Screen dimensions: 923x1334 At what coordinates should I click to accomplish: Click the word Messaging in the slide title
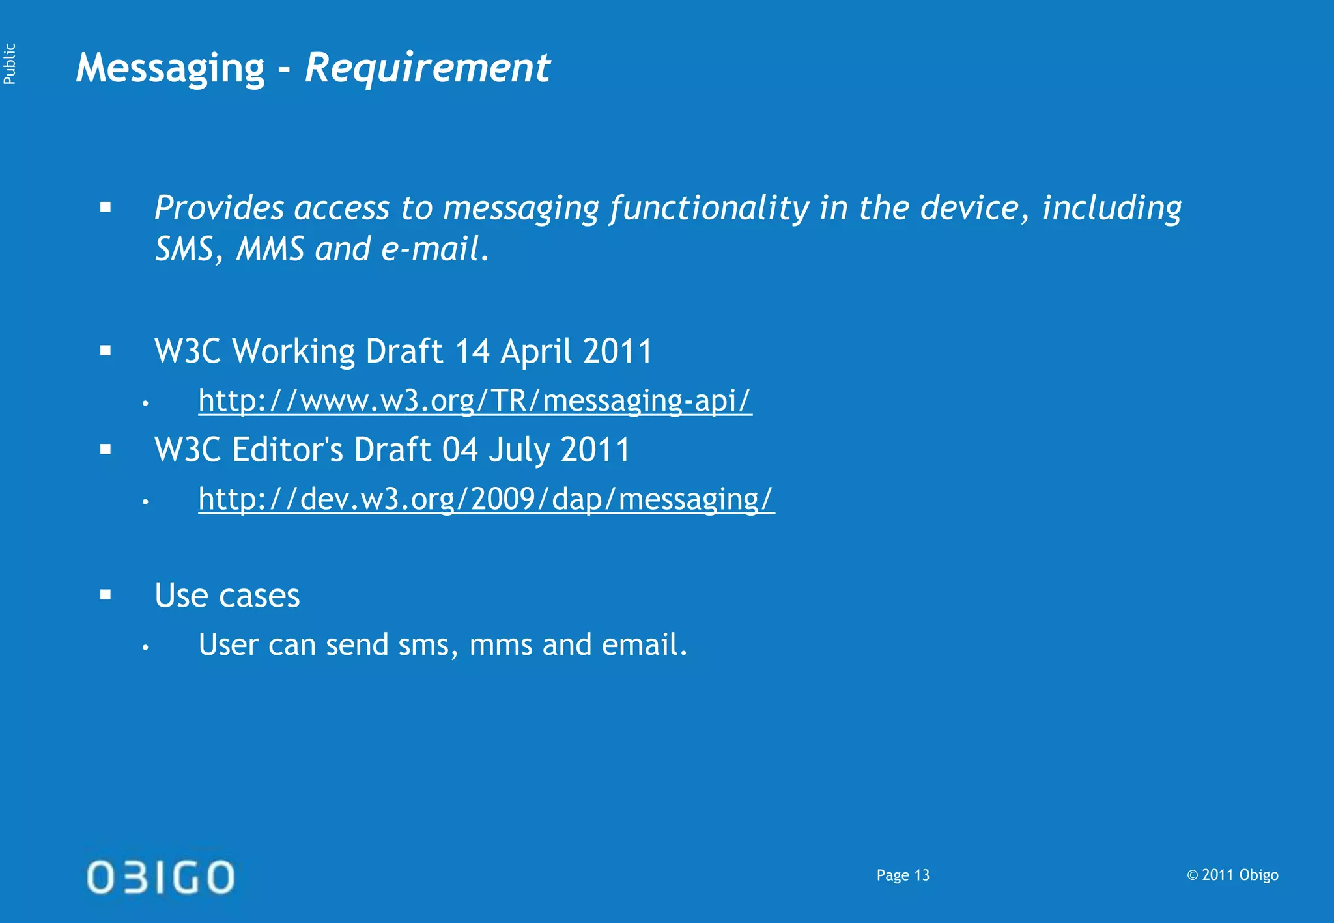click(x=170, y=68)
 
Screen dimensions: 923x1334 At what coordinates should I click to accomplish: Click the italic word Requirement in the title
click(x=427, y=68)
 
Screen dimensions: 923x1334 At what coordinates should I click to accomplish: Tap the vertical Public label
click(x=9, y=64)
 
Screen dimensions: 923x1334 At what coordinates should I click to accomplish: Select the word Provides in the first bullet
click(x=219, y=208)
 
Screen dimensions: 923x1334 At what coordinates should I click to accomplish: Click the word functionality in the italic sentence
click(x=709, y=208)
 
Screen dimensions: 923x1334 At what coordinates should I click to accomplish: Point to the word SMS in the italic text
click(x=184, y=249)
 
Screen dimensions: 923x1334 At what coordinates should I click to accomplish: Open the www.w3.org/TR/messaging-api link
click(x=475, y=400)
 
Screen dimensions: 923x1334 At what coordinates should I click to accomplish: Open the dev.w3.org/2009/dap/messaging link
click(x=486, y=499)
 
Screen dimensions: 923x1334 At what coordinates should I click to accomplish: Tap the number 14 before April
click(x=472, y=352)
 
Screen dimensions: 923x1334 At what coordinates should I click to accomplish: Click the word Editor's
click(x=287, y=450)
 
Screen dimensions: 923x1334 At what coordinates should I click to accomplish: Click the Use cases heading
click(x=227, y=596)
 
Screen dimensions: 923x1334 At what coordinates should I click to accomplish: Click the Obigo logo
click(x=160, y=877)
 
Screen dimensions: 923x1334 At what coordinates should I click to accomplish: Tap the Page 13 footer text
click(x=903, y=875)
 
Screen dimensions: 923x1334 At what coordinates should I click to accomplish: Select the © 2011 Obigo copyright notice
click(x=1232, y=875)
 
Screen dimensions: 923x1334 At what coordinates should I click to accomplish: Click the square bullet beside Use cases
click(x=106, y=594)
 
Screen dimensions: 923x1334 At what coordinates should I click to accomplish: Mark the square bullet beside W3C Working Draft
click(x=106, y=351)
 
